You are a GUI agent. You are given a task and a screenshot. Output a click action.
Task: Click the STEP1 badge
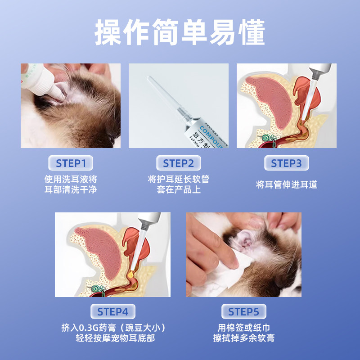(71, 163)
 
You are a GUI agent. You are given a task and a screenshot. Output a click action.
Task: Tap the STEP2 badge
(179, 163)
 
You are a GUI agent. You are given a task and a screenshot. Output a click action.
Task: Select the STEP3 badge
(286, 163)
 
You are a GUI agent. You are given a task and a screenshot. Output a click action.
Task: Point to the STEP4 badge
(113, 311)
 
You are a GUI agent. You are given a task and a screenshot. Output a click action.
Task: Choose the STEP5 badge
(243, 311)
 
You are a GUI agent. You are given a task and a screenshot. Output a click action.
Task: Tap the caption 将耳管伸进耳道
(286, 184)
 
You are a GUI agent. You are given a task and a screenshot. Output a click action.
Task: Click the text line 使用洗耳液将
(71, 179)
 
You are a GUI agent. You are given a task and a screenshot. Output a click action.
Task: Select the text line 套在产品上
(179, 190)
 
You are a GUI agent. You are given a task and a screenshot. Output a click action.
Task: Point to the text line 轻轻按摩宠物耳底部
(113, 338)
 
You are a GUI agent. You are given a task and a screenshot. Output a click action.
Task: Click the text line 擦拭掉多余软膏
(243, 338)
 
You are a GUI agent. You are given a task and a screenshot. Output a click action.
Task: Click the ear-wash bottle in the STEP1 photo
(38, 81)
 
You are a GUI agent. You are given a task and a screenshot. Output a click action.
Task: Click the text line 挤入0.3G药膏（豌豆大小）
(113, 327)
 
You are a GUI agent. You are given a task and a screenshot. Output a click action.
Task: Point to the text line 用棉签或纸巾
(243, 327)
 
